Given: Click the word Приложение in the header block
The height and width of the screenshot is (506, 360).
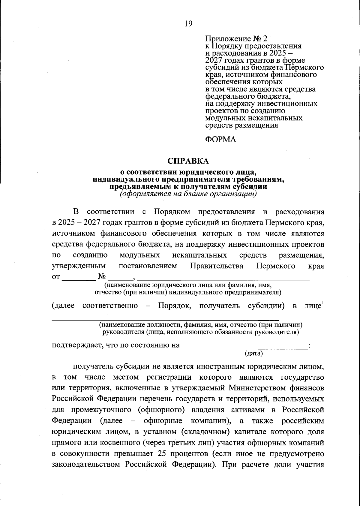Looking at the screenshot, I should [227, 39].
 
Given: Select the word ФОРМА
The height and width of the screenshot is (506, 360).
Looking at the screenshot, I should [220, 140].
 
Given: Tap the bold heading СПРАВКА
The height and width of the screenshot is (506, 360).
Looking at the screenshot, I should [188, 161].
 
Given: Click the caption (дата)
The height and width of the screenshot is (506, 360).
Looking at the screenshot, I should [254, 354].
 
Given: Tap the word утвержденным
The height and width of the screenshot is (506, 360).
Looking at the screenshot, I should [79, 266].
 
